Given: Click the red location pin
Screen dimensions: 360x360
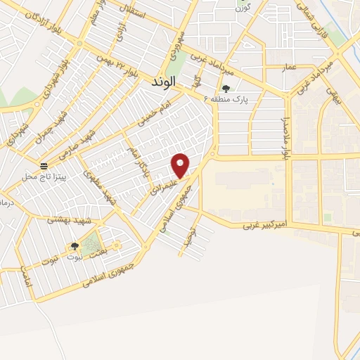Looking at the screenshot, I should (181, 165).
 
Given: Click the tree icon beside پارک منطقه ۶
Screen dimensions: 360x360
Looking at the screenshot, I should (226, 89).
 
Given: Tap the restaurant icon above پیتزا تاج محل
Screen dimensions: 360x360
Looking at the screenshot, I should (44, 166).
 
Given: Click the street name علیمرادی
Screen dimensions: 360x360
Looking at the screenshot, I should (162, 184).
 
